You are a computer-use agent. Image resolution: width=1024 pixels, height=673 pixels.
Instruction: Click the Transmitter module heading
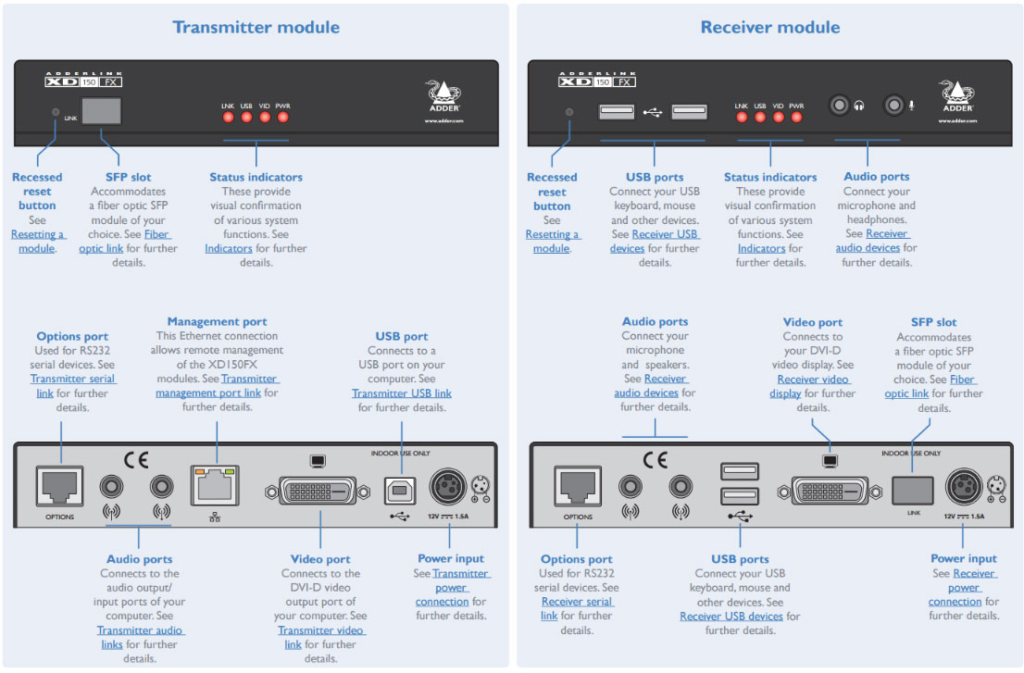[256, 27]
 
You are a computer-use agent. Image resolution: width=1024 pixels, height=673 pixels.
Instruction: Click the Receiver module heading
[769, 27]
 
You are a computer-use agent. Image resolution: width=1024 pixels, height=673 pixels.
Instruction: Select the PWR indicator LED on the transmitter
[283, 117]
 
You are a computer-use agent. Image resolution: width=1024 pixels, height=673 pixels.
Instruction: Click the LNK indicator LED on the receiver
[741, 117]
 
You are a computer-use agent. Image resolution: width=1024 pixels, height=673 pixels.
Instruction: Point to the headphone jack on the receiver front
[840, 106]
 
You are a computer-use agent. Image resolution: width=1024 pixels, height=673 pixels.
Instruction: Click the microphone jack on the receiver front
[893, 106]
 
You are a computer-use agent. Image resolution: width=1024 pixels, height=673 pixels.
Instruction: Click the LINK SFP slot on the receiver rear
[912, 489]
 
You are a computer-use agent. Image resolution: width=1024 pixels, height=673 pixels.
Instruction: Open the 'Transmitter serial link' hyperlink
[72, 386]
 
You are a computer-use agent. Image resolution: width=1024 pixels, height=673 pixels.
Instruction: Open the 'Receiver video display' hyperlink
[812, 386]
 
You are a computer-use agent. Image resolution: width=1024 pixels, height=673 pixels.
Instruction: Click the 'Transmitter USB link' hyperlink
[401, 393]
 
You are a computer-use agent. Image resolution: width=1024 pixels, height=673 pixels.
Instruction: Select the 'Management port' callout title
[217, 322]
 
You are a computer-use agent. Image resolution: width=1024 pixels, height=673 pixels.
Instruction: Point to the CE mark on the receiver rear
[655, 459]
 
